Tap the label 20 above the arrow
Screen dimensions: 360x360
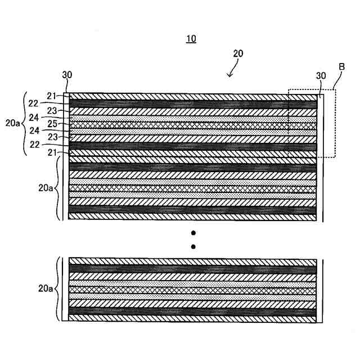pyautogui.click(x=238, y=53)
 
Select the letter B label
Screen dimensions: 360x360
pyautogui.click(x=341, y=66)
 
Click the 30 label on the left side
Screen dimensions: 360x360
pyautogui.click(x=67, y=74)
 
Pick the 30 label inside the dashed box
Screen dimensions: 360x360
pyautogui.click(x=321, y=76)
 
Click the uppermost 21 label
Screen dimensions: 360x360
pyautogui.click(x=52, y=96)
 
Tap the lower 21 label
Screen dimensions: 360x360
pyautogui.click(x=52, y=152)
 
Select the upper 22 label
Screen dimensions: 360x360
pyautogui.click(x=33, y=103)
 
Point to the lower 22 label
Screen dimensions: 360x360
pyautogui.click(x=33, y=145)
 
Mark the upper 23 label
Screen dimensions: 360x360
pyautogui.click(x=52, y=110)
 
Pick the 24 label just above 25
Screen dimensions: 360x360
pyautogui.click(x=33, y=118)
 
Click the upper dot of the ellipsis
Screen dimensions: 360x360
pyautogui.click(x=193, y=233)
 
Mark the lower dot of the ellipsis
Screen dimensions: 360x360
pyautogui.click(x=193, y=246)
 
